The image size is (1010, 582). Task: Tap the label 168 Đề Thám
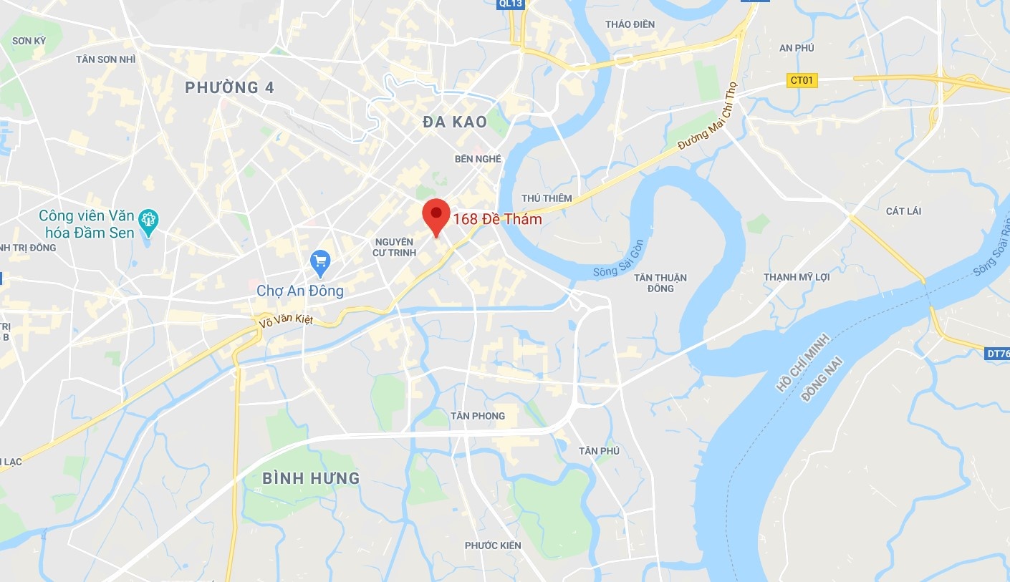[x=497, y=220]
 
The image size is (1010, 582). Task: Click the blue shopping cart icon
[x=320, y=263]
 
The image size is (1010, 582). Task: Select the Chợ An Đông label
[x=300, y=291]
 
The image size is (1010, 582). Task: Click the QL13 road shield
[x=511, y=4]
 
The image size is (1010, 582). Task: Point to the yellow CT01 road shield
[x=802, y=81]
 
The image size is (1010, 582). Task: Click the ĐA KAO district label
[x=455, y=122]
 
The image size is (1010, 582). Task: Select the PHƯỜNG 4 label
[x=229, y=88]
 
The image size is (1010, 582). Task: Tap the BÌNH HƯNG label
[x=311, y=478]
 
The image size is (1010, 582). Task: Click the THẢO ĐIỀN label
[x=630, y=24]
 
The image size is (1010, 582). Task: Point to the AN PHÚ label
[x=797, y=48]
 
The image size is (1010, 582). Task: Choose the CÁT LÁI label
[x=903, y=211]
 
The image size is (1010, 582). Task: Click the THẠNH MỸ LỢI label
[x=797, y=277]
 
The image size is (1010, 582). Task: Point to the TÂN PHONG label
[x=478, y=416]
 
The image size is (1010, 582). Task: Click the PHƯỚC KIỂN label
[x=493, y=545]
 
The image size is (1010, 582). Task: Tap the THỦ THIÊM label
[x=547, y=198]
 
